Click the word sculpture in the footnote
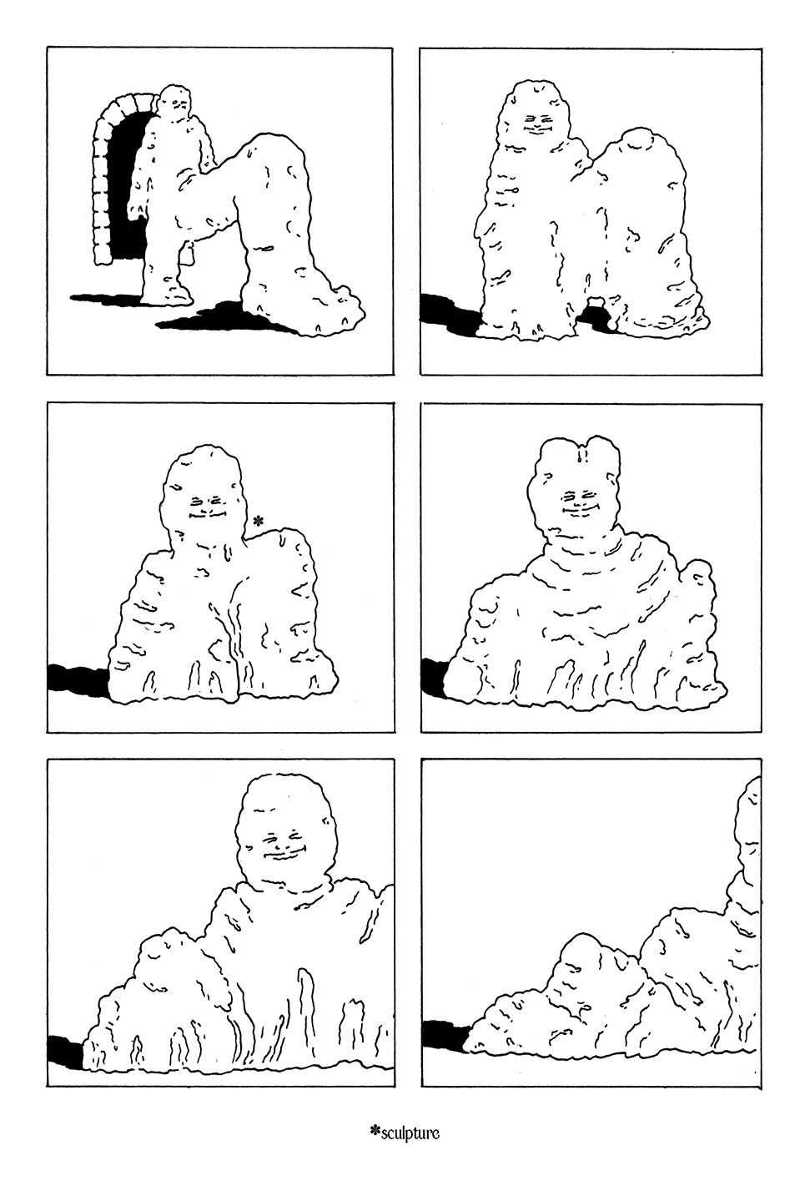click(x=410, y=1133)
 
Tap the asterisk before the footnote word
click(x=375, y=1132)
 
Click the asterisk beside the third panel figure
click(x=258, y=521)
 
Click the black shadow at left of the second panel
click(x=450, y=315)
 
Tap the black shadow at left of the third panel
click(x=78, y=679)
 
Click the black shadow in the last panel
click(x=445, y=1032)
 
